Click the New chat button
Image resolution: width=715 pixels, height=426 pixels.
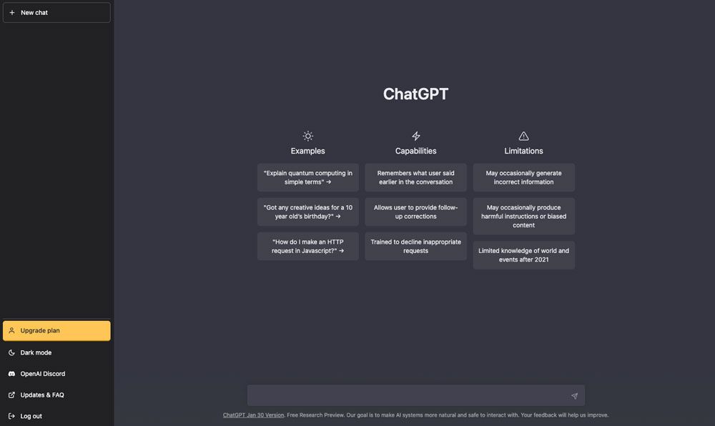click(x=56, y=13)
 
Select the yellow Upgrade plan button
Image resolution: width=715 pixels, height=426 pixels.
click(x=56, y=331)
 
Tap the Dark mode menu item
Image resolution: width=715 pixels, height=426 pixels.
click(x=36, y=352)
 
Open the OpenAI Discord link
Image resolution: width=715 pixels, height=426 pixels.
click(x=43, y=374)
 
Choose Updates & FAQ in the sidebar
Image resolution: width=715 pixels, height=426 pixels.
click(x=41, y=395)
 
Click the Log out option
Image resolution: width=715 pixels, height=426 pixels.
click(x=31, y=416)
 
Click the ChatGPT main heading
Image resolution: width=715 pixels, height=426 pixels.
click(x=415, y=94)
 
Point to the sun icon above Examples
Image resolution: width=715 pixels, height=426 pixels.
click(x=307, y=136)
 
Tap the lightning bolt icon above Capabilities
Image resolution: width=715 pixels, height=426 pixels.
click(x=415, y=136)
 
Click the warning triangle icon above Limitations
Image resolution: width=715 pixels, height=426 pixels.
click(x=523, y=136)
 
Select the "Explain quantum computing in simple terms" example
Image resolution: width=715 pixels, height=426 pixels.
click(x=308, y=177)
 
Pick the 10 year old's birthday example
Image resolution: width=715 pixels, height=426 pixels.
click(x=308, y=212)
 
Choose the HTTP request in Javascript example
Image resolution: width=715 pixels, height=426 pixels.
click(x=308, y=246)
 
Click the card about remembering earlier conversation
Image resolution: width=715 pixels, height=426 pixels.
click(x=415, y=177)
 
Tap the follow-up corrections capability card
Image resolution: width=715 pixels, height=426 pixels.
click(x=415, y=212)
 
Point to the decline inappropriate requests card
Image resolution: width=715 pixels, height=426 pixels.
click(x=415, y=246)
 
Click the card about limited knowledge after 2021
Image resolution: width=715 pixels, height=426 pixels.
click(x=523, y=255)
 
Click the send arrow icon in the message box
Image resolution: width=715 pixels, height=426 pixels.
click(x=574, y=396)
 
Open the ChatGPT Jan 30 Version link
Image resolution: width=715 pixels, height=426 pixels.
click(x=253, y=415)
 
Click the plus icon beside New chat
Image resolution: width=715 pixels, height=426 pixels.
click(x=11, y=13)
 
